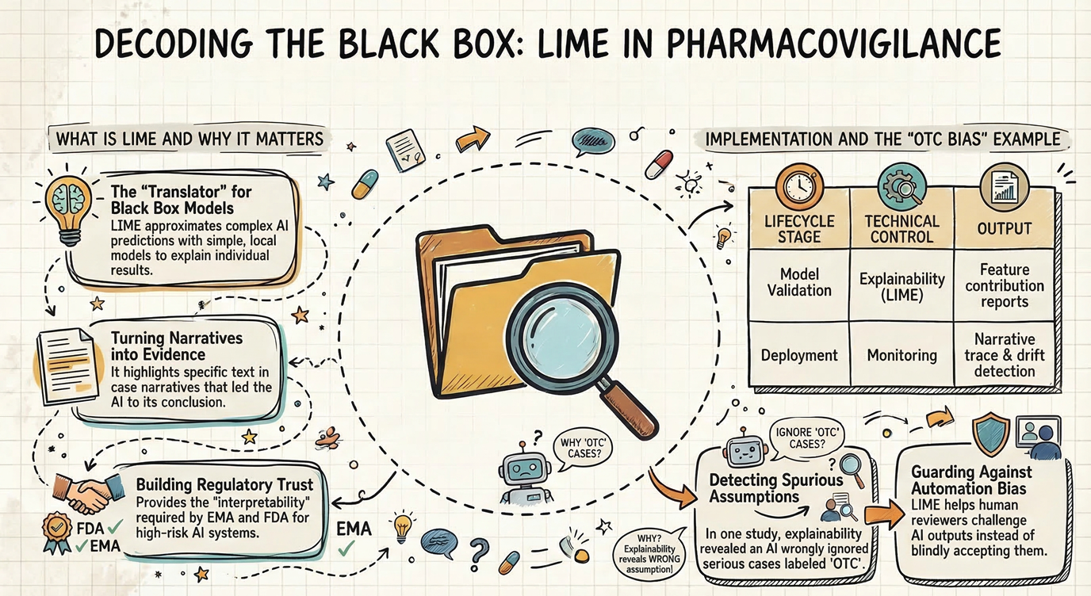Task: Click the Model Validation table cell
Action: (799, 281)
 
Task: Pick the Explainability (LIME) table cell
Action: (902, 287)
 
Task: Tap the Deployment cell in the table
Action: (799, 354)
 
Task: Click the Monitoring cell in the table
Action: (902, 355)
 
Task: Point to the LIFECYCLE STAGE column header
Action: (799, 229)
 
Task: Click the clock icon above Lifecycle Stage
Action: (798, 185)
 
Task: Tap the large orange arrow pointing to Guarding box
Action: (880, 515)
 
